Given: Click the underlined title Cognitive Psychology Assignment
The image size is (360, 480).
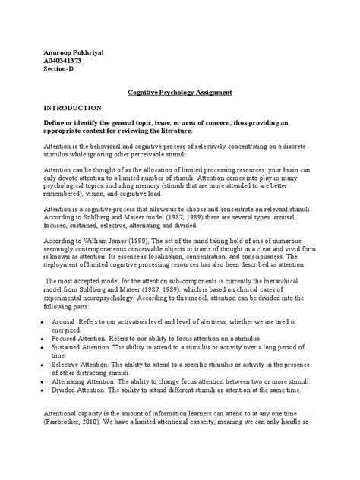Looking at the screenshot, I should (x=179, y=92).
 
